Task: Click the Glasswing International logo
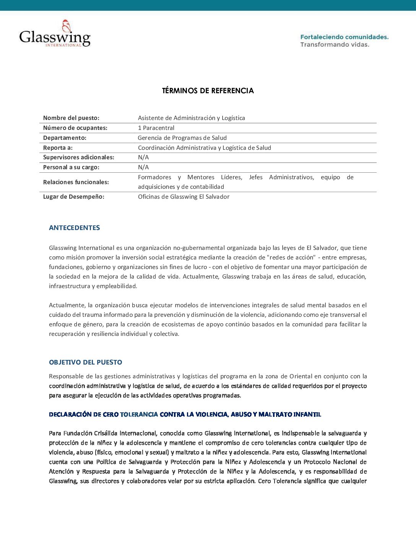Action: click(x=55, y=34)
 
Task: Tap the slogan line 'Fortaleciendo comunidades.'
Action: click(x=344, y=37)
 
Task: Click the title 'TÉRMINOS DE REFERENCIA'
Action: click(x=208, y=91)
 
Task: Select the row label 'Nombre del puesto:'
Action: click(x=71, y=118)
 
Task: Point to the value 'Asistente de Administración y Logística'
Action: click(x=191, y=118)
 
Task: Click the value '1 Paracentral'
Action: click(x=156, y=128)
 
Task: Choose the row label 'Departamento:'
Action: click(x=65, y=138)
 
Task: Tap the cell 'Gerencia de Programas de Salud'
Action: click(x=182, y=138)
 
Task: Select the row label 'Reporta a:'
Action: click(x=58, y=148)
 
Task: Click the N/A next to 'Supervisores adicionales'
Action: click(x=143, y=157)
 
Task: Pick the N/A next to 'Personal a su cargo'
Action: click(x=143, y=167)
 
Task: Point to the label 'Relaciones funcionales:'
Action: click(x=76, y=182)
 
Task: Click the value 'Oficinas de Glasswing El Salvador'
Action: click(x=184, y=197)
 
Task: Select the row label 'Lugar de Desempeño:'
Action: click(x=73, y=197)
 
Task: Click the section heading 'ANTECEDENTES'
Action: click(x=74, y=228)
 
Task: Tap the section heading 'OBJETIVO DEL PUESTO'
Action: click(x=85, y=362)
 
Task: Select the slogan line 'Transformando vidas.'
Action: click(x=335, y=45)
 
